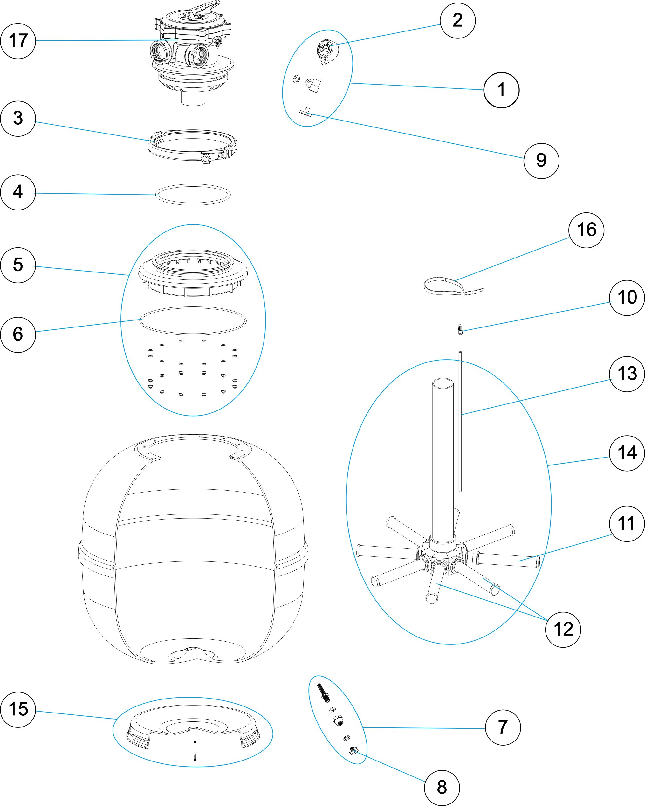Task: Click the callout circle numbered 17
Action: coord(18,41)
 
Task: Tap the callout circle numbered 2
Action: coord(457,21)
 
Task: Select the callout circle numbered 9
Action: coord(541,161)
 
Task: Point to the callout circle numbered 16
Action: coord(586,230)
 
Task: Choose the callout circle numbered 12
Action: coord(563,629)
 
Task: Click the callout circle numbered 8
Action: coord(442,788)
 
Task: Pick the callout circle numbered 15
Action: coord(18,709)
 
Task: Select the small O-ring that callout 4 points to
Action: coord(193,194)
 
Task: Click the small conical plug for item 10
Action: coord(460,329)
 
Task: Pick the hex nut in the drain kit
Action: coord(338,720)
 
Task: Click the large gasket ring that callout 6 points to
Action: coord(193,320)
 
